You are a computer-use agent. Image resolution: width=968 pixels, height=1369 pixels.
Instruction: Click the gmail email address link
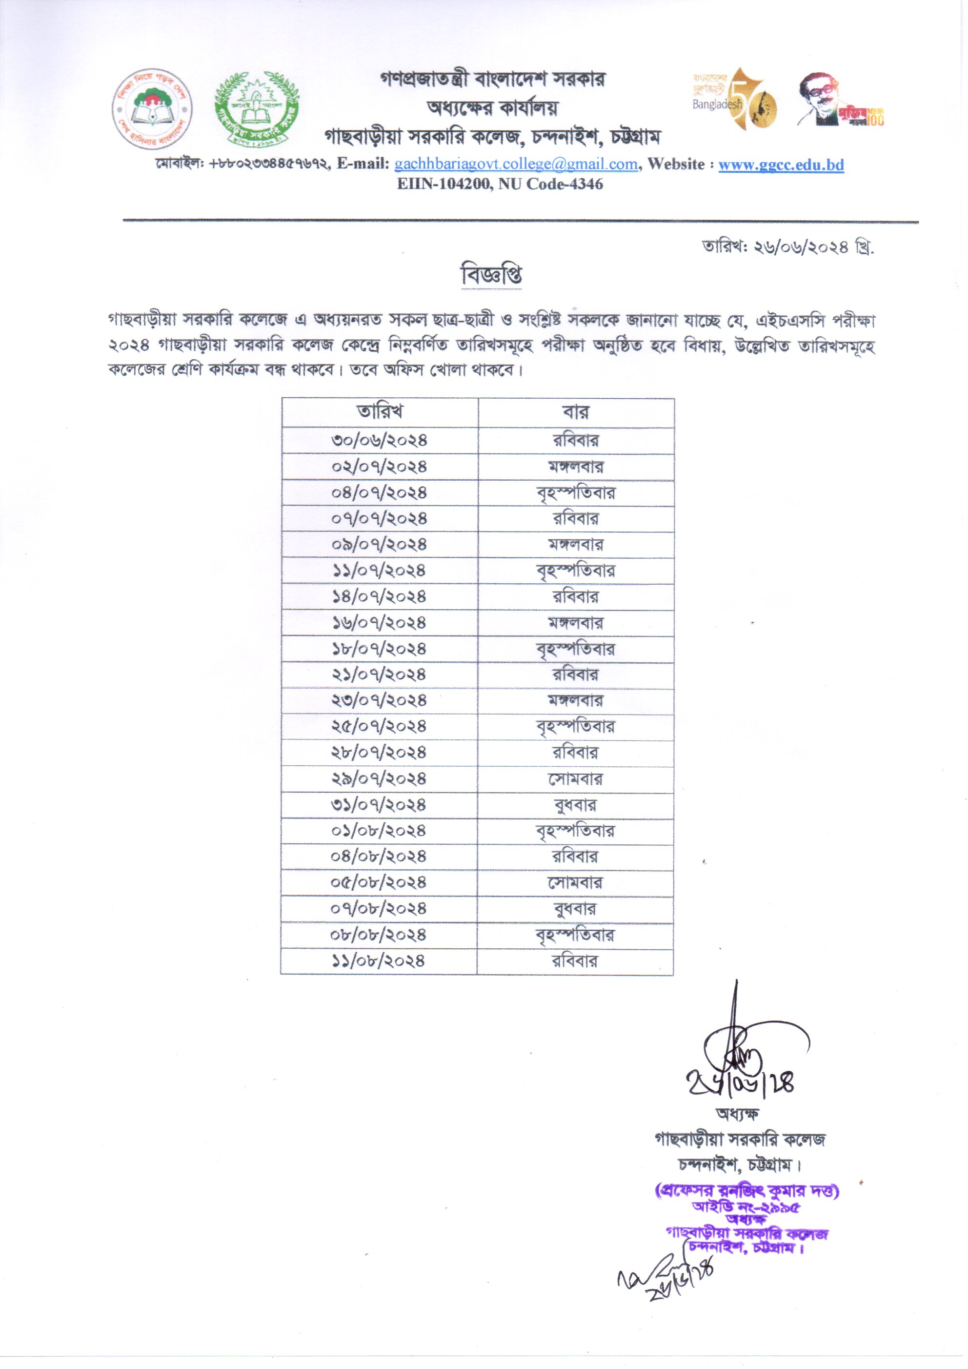pyautogui.click(x=516, y=164)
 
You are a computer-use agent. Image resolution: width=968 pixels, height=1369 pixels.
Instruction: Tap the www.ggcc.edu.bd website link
pyautogui.click(x=781, y=164)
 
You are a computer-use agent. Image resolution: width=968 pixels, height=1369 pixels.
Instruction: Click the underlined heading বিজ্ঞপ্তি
pyautogui.click(x=492, y=275)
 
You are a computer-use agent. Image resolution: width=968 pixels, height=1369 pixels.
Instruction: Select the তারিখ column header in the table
pyautogui.click(x=380, y=412)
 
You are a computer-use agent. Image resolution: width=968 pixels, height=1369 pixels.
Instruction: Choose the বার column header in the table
pyautogui.click(x=575, y=412)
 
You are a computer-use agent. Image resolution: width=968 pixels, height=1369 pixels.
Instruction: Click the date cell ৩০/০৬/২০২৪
pyautogui.click(x=380, y=441)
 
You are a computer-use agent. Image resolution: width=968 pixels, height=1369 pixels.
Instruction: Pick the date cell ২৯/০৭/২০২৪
pyautogui.click(x=380, y=779)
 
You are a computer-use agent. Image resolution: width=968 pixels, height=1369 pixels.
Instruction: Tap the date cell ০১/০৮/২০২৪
pyautogui.click(x=380, y=831)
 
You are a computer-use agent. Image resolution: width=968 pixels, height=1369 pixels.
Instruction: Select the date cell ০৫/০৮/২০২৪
pyautogui.click(x=380, y=882)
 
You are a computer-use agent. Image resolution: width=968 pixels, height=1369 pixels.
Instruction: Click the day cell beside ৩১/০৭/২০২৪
pyautogui.click(x=575, y=805)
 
